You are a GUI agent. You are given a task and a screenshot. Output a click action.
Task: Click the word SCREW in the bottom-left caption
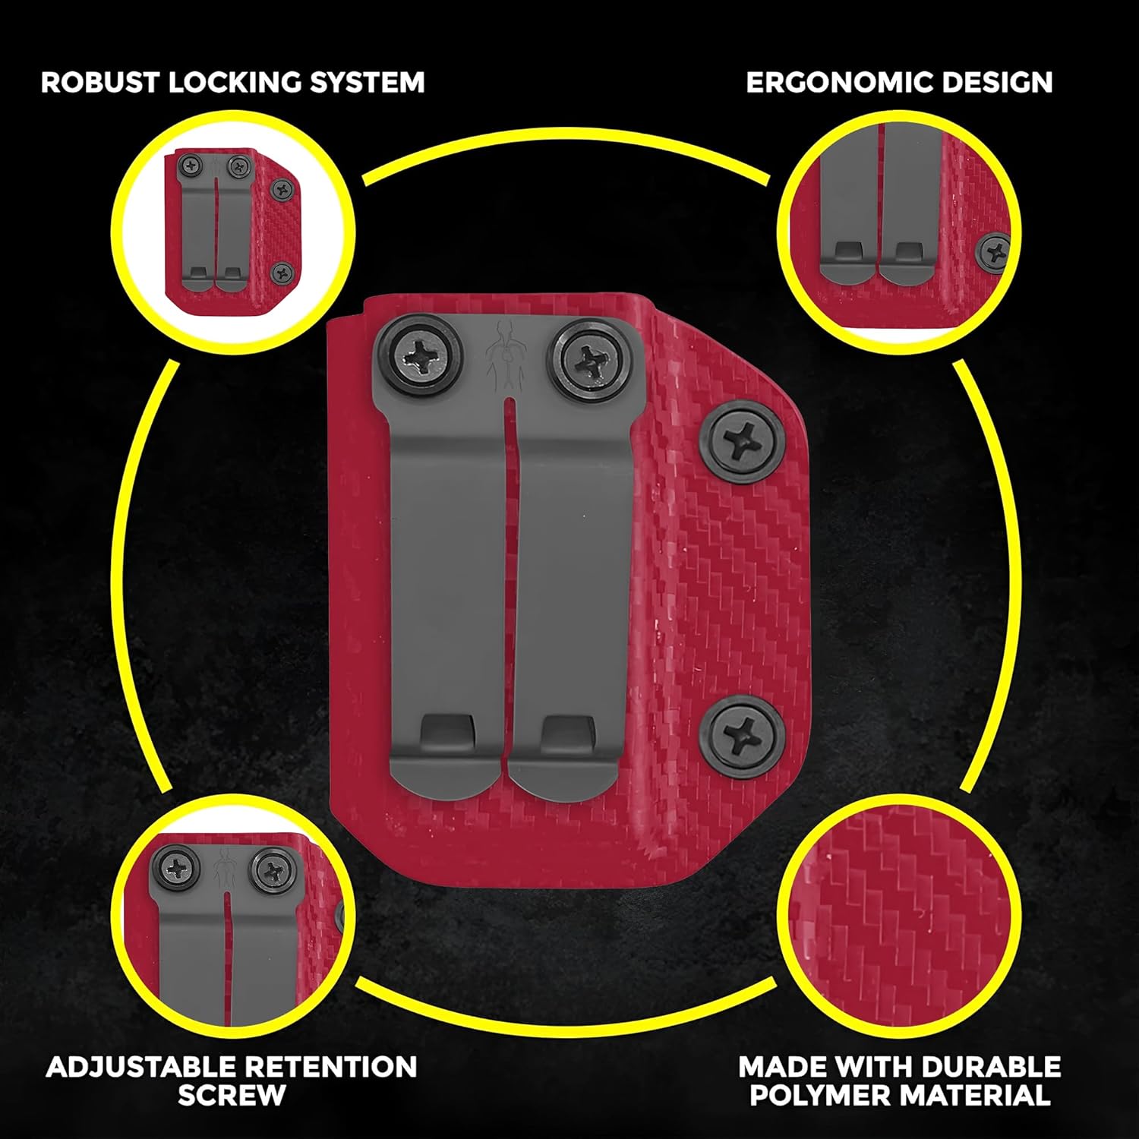click(x=232, y=1095)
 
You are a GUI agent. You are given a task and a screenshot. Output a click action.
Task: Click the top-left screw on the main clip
click(x=419, y=355)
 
